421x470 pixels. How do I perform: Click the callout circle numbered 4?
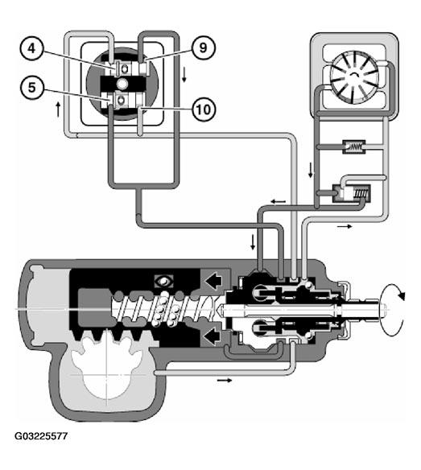(31, 48)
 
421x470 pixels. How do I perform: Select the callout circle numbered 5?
(31, 88)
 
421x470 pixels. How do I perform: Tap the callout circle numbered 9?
(204, 48)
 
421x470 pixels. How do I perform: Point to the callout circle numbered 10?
(204, 109)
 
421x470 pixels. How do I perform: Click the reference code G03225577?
(41, 436)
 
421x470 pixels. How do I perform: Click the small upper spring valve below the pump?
(354, 146)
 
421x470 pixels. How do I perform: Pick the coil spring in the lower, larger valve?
(361, 193)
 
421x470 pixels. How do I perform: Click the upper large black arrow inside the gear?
(213, 281)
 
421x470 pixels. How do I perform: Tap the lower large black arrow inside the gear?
(213, 335)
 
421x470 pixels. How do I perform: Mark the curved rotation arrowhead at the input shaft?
(401, 296)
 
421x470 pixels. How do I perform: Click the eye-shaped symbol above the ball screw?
(163, 282)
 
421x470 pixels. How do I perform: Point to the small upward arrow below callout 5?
(59, 109)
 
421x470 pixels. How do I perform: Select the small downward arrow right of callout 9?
(184, 75)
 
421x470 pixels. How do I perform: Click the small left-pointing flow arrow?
(279, 201)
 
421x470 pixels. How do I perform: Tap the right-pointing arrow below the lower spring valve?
(345, 227)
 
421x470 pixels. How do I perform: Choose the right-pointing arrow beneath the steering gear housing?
(225, 380)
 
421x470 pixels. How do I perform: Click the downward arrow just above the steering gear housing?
(253, 242)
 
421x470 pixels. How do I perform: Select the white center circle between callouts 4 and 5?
(122, 84)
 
